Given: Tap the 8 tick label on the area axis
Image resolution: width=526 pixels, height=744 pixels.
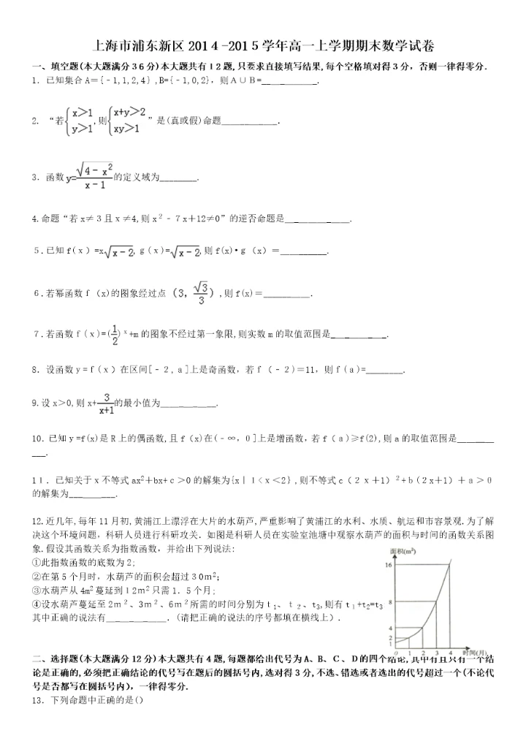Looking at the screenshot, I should [x=392, y=602].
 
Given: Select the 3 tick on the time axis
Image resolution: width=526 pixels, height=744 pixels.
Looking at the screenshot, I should [x=437, y=651].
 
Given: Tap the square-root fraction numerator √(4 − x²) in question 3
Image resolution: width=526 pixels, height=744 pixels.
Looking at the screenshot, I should [x=94, y=170].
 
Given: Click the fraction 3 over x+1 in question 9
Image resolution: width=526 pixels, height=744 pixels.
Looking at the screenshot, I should [x=107, y=404].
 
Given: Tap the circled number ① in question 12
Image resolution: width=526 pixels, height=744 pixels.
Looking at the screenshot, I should [x=37, y=561].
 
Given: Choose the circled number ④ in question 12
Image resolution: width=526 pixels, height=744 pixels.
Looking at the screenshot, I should [x=37, y=603].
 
